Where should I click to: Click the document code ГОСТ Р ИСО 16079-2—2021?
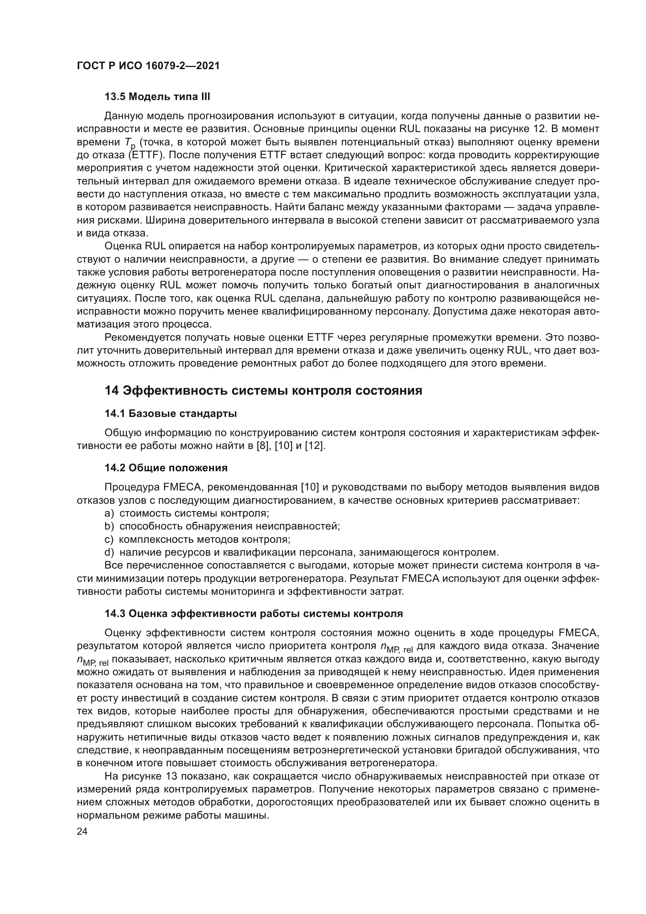(148, 66)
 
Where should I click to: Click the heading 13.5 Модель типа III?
(157, 97)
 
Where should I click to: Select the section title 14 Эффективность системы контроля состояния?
(263, 390)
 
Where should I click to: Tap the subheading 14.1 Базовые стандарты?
(171, 413)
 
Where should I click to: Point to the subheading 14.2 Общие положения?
(166, 468)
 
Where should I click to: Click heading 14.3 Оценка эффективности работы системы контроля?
(253, 614)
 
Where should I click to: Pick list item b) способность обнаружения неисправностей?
(222, 526)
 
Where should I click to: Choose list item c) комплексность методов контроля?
(197, 539)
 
